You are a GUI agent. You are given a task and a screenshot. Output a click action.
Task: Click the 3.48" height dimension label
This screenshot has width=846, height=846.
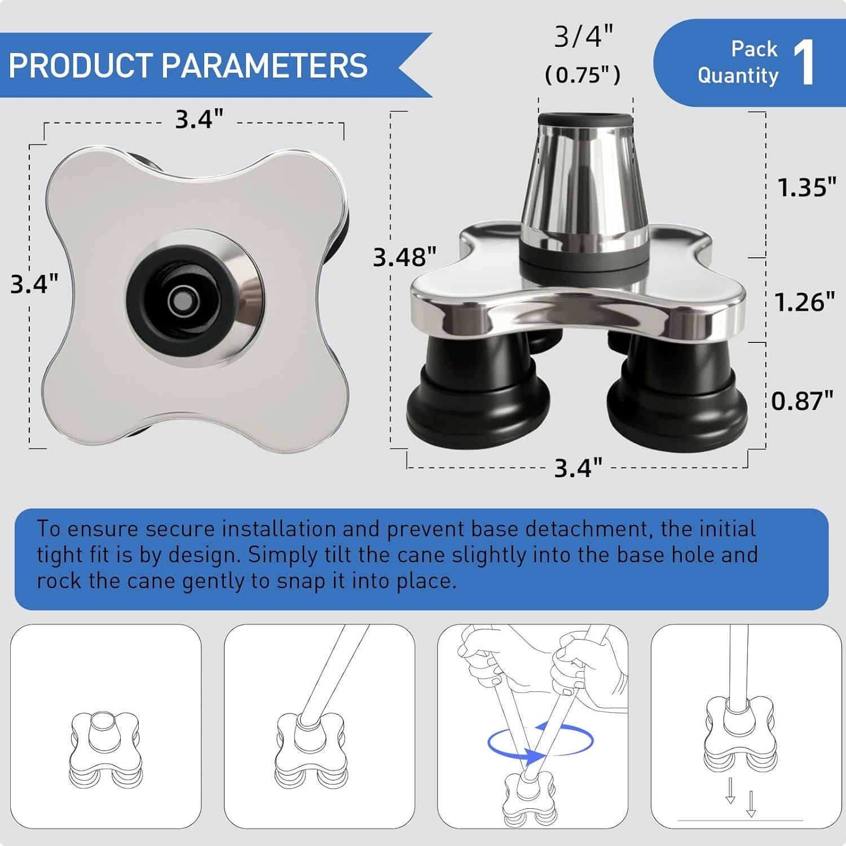coord(404,257)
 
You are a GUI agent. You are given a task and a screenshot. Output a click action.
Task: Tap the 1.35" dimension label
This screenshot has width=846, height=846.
coord(807,187)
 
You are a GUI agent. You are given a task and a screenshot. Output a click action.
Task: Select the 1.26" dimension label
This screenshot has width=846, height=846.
coord(804,302)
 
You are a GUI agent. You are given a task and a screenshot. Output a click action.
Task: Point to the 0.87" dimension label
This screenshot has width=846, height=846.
coord(802,401)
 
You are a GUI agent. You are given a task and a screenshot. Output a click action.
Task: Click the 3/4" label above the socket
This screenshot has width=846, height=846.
coord(583,37)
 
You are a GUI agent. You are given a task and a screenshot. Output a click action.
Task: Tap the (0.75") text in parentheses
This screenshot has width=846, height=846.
coord(583,74)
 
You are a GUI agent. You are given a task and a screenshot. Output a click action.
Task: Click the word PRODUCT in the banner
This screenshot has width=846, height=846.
coord(81,65)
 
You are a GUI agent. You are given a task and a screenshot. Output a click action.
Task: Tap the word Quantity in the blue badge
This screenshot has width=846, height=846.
coord(738,76)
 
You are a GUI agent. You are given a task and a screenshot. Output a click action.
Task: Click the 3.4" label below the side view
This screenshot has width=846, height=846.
coord(578,468)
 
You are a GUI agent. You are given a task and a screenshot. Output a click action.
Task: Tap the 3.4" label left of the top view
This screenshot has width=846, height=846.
coord(34,284)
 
